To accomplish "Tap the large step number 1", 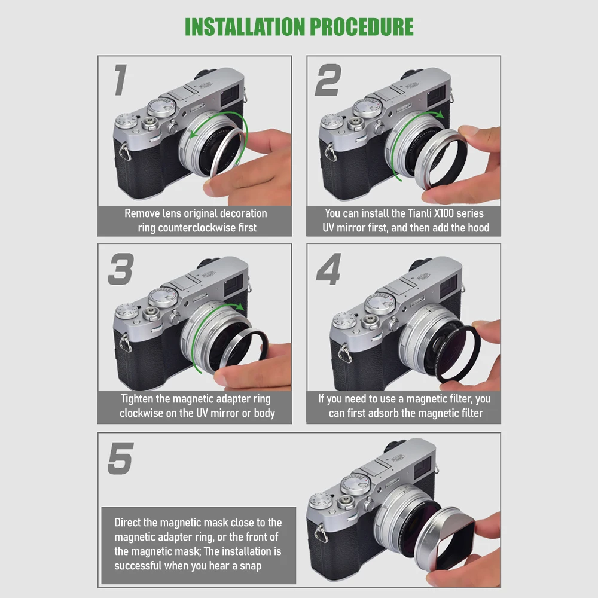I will (120, 80).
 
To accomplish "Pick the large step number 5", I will (120, 458).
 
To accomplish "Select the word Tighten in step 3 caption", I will (145, 399).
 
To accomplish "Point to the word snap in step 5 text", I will (249, 565).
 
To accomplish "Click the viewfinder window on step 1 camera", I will (231, 96).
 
